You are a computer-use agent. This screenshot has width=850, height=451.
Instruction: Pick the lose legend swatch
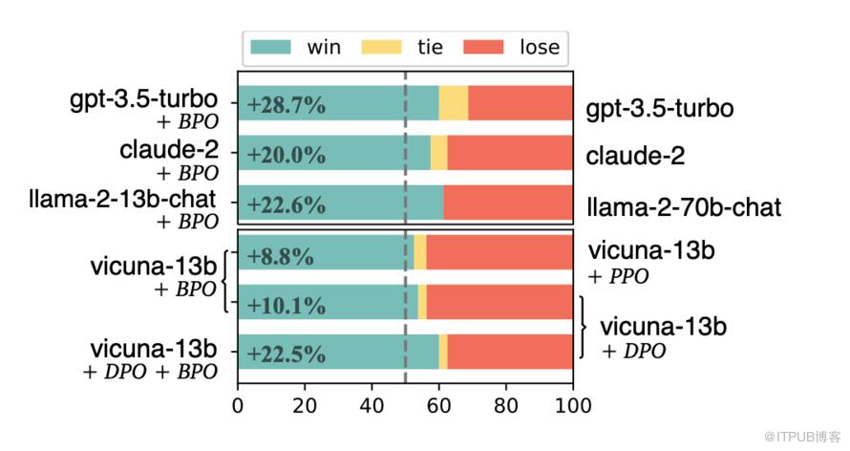pyautogui.click(x=485, y=46)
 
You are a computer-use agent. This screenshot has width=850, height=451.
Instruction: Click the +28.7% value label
pyautogui.click(x=286, y=106)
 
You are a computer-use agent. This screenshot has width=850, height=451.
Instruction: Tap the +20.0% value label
pyautogui.click(x=286, y=155)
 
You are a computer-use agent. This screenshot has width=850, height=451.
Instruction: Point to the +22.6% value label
pyautogui.click(x=286, y=204)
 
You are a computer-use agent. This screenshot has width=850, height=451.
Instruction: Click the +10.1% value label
pyautogui.click(x=286, y=306)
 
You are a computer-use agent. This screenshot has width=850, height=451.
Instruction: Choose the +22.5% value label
pyautogui.click(x=286, y=354)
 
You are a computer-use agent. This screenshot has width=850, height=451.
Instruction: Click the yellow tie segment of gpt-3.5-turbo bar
pyautogui.click(x=453, y=103)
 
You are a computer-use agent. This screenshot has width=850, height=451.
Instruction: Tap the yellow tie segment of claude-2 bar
pyautogui.click(x=438, y=153)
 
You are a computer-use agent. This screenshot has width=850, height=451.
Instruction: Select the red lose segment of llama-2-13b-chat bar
pyautogui.click(x=507, y=203)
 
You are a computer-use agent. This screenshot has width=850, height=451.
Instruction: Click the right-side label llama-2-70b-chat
pyautogui.click(x=684, y=206)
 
